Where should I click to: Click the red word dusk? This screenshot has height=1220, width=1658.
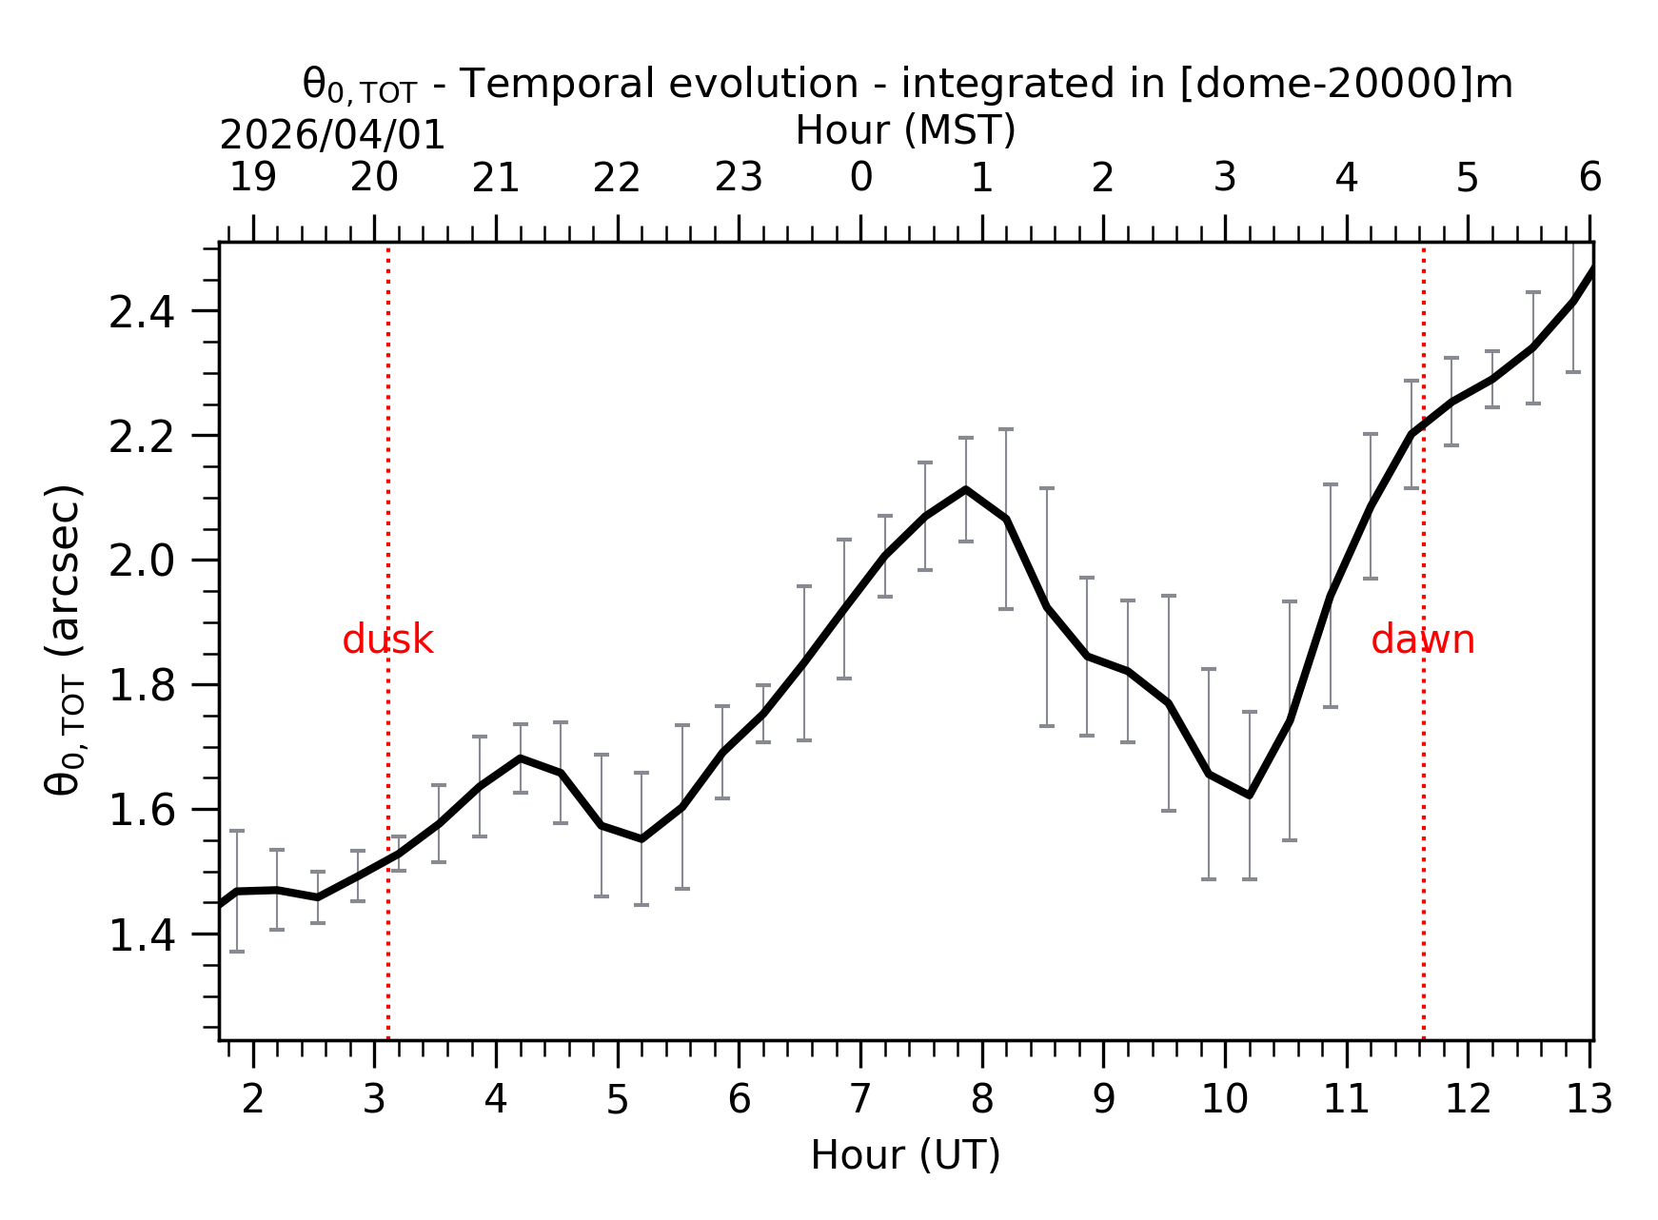point(387,640)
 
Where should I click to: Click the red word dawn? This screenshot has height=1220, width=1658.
point(1422,640)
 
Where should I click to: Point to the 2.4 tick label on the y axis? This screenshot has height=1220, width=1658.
point(142,312)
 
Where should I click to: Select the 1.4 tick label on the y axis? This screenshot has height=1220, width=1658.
point(142,935)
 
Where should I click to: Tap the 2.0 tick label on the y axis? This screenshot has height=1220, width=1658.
point(142,561)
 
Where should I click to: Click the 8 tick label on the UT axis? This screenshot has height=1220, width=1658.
point(982,1100)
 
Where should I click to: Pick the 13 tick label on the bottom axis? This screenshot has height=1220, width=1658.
point(1589,1100)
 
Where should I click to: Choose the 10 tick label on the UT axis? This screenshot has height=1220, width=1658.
point(1224,1100)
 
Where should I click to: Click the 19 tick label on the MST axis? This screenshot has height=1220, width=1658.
point(253,178)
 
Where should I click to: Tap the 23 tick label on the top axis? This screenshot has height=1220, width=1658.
point(739,178)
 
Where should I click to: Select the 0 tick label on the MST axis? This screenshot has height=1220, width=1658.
point(860,178)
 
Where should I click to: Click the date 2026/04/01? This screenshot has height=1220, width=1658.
point(332,136)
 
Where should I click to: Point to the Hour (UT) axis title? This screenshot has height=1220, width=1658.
point(905,1155)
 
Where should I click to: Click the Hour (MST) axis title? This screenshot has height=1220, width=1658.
point(905,130)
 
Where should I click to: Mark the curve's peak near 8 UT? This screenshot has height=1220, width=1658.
point(966,489)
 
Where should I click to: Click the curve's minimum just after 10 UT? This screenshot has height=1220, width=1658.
point(1249,795)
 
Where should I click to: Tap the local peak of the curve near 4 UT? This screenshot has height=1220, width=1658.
point(520,758)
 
